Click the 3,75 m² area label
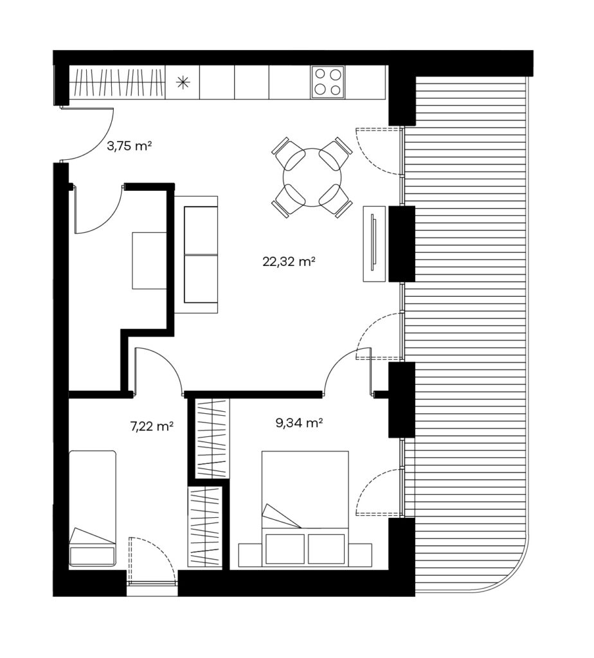point(129,147)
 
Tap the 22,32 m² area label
point(289,262)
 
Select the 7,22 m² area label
point(152,427)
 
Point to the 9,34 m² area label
point(299,423)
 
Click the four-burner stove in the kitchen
point(327,83)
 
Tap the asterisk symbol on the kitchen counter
point(182,83)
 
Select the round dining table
point(312,177)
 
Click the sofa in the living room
point(196,254)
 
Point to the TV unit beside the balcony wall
point(374,244)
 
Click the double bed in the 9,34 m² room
point(305,509)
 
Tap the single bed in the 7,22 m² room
point(93,509)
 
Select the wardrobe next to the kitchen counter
point(117,83)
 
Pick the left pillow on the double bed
point(285,549)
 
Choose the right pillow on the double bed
point(326,549)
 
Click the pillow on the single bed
point(93,556)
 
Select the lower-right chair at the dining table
point(336,201)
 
